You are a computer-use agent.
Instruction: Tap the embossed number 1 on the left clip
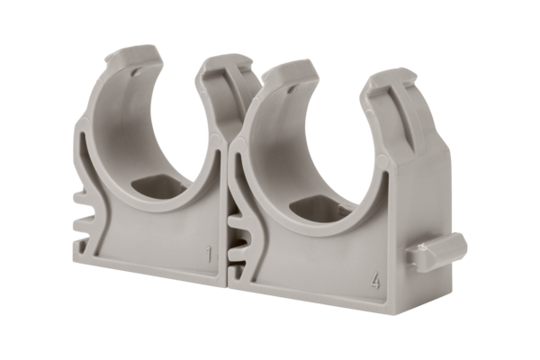click(211, 255)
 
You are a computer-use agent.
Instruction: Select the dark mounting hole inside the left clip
click(155, 188)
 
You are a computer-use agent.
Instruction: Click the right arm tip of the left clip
click(220, 67)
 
